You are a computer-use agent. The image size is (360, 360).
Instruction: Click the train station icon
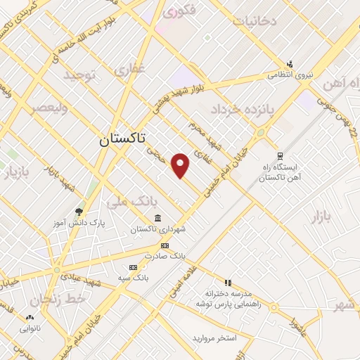point(280,156)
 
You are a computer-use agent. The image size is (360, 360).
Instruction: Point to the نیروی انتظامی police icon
point(289,64)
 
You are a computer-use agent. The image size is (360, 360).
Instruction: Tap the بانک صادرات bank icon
point(165,245)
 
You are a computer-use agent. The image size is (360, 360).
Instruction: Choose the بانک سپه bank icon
point(133,267)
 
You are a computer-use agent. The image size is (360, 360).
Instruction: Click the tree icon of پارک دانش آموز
point(79,211)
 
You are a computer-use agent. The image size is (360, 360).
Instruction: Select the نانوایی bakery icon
point(30,318)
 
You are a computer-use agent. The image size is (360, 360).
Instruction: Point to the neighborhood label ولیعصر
point(49,108)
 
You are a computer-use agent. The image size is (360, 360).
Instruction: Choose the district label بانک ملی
point(127,202)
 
